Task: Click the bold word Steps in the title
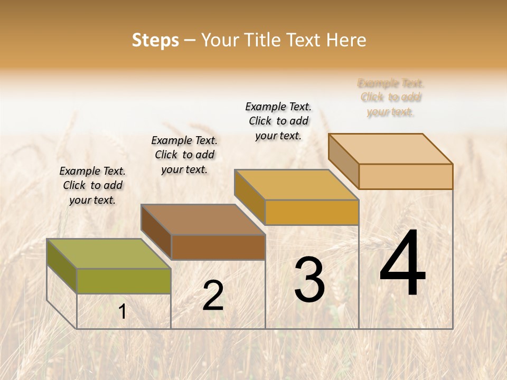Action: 155,40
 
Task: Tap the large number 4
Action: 402,264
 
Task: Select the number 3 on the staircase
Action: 309,280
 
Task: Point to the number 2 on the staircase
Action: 213,296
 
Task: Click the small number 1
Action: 123,311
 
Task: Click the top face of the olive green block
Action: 109,253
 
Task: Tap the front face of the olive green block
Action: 124,281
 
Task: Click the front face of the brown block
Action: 218,247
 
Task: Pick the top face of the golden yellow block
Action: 297,185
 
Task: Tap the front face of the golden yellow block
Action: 312,212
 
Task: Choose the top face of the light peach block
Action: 391,149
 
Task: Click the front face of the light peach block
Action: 406,176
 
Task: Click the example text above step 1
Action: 92,185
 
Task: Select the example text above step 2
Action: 184,155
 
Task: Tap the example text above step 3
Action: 278,121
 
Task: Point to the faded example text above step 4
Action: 391,97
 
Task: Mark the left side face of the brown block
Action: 156,232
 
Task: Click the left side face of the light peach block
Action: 344,161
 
